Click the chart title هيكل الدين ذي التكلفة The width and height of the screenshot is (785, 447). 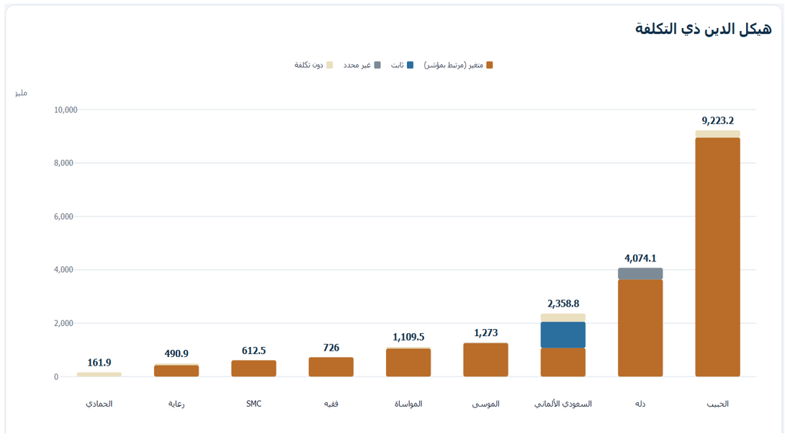[x=703, y=29]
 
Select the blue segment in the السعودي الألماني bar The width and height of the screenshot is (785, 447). [x=562, y=335]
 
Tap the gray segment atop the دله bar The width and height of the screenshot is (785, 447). [x=640, y=274]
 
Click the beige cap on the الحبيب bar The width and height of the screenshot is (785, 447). [x=717, y=134]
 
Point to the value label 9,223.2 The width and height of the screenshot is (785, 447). [x=717, y=121]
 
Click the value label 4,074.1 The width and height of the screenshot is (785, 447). [x=640, y=258]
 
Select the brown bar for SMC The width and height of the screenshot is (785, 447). [x=254, y=369]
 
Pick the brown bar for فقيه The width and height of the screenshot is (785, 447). [x=331, y=367]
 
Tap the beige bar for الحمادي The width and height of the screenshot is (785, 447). [x=99, y=374]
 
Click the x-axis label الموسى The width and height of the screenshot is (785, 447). [x=485, y=404]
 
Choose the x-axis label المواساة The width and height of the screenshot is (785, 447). [x=408, y=404]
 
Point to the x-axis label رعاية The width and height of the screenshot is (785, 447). [x=176, y=404]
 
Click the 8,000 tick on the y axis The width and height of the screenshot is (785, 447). [x=63, y=163]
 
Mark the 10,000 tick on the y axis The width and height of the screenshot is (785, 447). [x=66, y=109]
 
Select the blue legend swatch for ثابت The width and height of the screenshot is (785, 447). [x=410, y=65]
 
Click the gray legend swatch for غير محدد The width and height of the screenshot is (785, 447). [x=377, y=65]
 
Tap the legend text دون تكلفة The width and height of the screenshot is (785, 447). [x=308, y=65]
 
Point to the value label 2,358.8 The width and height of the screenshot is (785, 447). [x=562, y=303]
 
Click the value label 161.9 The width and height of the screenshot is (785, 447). [x=99, y=362]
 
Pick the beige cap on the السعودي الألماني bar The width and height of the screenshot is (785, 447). [x=562, y=318]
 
